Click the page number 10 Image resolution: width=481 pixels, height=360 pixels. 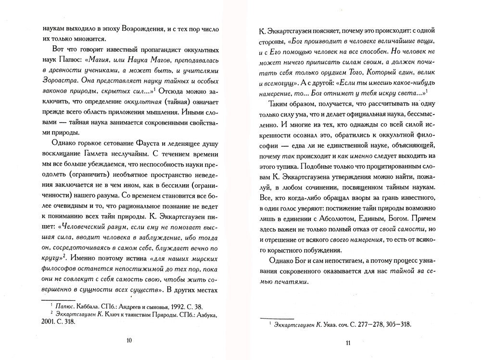[128, 340]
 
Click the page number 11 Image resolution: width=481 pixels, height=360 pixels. [349, 342]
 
